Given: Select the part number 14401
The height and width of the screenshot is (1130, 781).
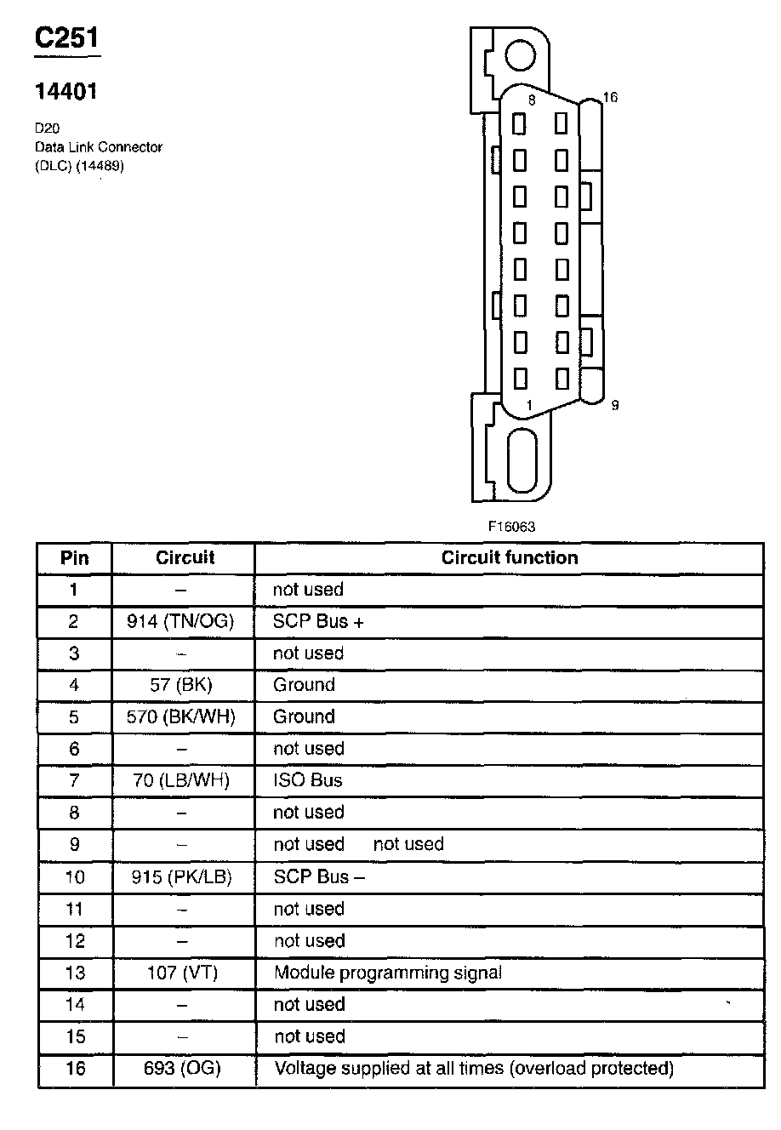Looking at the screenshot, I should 66,92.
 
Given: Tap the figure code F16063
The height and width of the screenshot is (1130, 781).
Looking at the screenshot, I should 511,527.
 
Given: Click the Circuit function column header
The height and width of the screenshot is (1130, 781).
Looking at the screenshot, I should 509,558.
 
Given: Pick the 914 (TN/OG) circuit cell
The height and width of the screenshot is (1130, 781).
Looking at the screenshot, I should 184,622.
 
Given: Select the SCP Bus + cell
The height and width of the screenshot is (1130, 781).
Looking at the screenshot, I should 318,622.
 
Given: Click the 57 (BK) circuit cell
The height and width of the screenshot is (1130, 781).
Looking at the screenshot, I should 184,685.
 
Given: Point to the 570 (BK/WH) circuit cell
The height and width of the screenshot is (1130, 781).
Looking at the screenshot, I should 184,716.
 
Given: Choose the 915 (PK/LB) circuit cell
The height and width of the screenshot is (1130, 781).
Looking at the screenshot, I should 184,876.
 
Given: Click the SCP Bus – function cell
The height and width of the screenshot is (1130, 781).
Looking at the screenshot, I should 319,876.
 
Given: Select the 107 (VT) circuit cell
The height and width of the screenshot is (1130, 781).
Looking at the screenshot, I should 184,973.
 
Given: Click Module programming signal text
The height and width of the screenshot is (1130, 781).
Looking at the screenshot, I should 388,973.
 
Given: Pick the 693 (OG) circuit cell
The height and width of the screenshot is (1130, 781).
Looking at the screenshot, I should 184,1068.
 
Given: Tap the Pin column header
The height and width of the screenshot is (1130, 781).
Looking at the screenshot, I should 75,558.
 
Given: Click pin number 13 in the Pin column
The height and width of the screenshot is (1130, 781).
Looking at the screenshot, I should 75,973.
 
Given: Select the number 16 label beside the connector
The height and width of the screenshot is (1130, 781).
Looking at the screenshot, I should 609,98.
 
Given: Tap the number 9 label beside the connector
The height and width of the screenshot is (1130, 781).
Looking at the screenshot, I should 614,405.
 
